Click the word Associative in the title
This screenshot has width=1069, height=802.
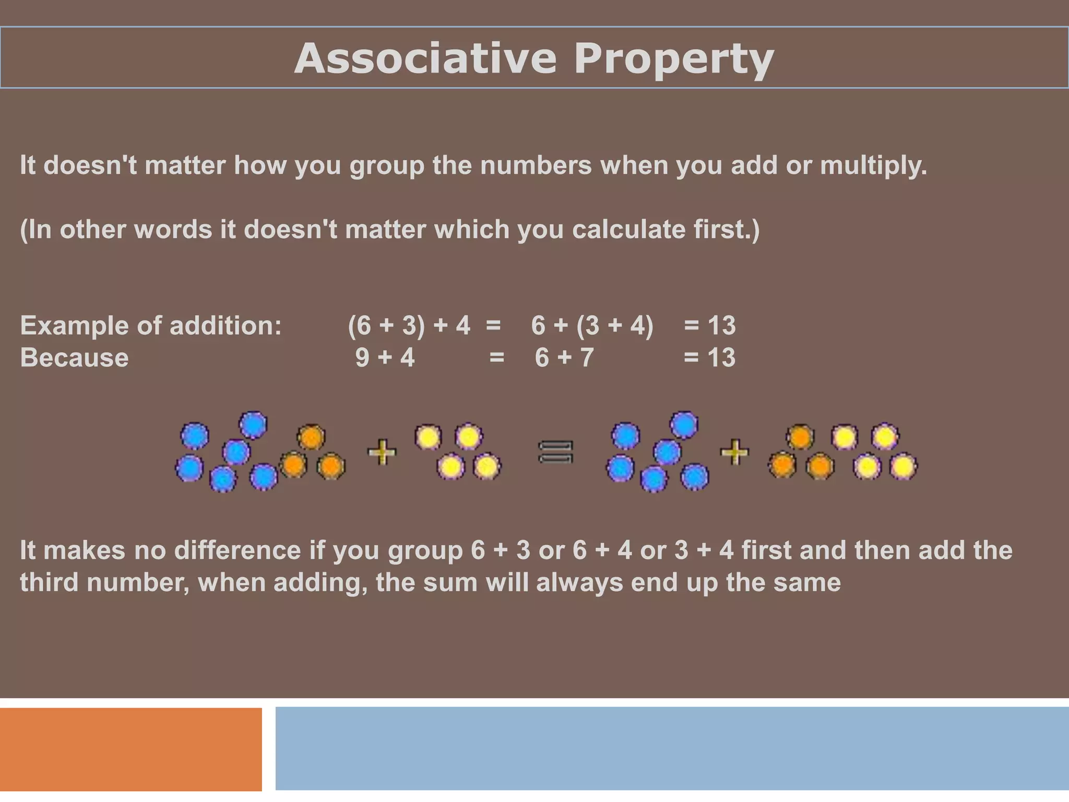425,58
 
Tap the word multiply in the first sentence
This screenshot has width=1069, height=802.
873,166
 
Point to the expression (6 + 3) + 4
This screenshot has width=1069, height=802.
409,325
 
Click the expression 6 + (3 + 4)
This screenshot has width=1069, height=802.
592,325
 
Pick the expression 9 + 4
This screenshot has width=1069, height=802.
385,358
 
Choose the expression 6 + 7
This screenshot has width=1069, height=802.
564,358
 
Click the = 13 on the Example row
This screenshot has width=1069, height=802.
709,325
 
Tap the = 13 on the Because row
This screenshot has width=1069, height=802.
709,358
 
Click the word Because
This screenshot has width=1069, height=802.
74,358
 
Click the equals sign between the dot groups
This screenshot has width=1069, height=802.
555,452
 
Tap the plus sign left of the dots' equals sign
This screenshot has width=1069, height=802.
382,452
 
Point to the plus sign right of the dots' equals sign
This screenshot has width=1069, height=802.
734,452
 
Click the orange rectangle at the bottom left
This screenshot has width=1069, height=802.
130,749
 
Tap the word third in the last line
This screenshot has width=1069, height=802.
49,583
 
